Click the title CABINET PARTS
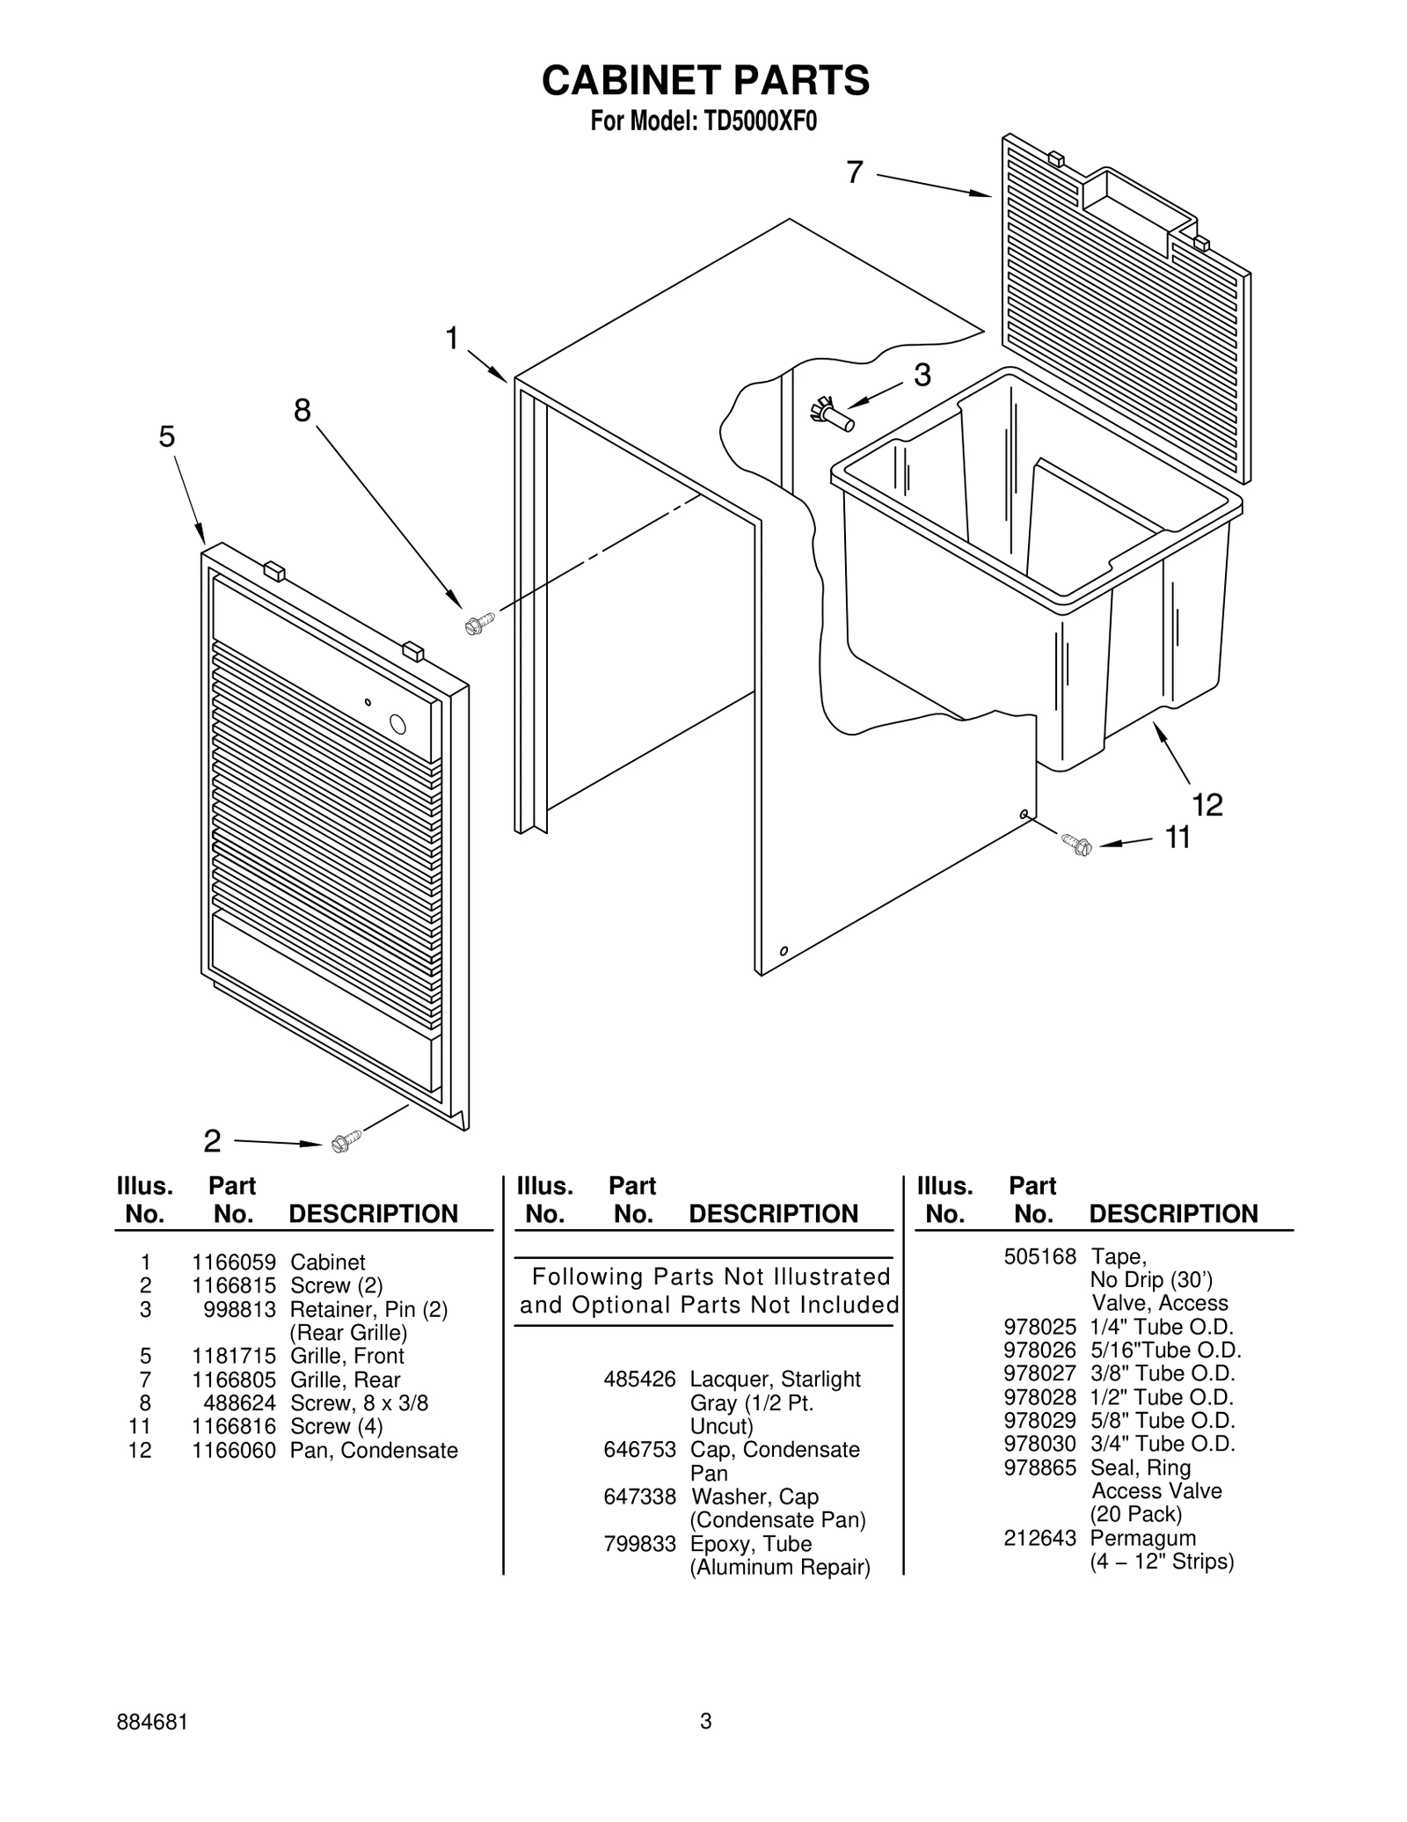[705, 81]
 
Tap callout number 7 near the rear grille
[855, 172]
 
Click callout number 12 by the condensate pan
[1207, 804]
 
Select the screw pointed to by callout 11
[1076, 845]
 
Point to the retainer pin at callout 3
[831, 413]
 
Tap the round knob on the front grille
[397, 724]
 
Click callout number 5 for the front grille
[167, 436]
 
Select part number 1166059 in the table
[234, 1262]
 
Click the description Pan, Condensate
[374, 1451]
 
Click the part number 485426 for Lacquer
[639, 1379]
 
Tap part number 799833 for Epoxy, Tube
[639, 1544]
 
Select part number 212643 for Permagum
[1039, 1538]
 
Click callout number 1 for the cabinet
[452, 338]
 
